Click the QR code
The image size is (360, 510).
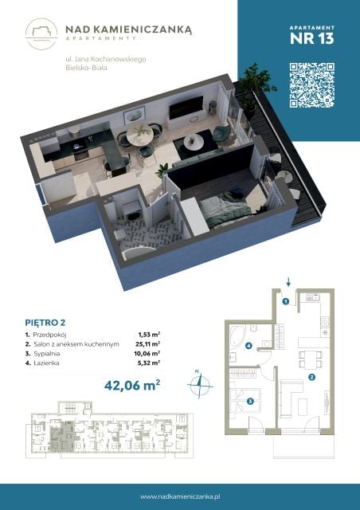click(x=312, y=85)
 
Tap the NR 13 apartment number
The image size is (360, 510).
click(x=312, y=38)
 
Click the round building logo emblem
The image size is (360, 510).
click(x=41, y=33)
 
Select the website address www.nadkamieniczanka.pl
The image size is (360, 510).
click(x=181, y=496)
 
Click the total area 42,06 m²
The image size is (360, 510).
click(x=132, y=386)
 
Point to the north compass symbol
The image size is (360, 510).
click(x=200, y=385)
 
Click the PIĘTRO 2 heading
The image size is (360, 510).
click(x=45, y=323)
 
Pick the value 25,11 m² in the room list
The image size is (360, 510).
click(x=147, y=343)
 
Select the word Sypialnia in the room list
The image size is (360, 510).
click(x=47, y=354)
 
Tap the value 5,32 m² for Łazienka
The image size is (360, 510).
click(x=149, y=363)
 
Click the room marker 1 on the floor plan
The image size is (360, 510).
click(x=285, y=301)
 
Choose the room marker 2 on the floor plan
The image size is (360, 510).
click(x=311, y=377)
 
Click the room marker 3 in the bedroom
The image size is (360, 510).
click(x=250, y=402)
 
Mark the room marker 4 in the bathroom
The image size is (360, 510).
click(x=248, y=346)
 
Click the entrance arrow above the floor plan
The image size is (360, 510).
click(x=288, y=282)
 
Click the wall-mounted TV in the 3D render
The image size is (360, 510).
click(x=186, y=108)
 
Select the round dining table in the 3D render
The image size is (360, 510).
click(x=139, y=135)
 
